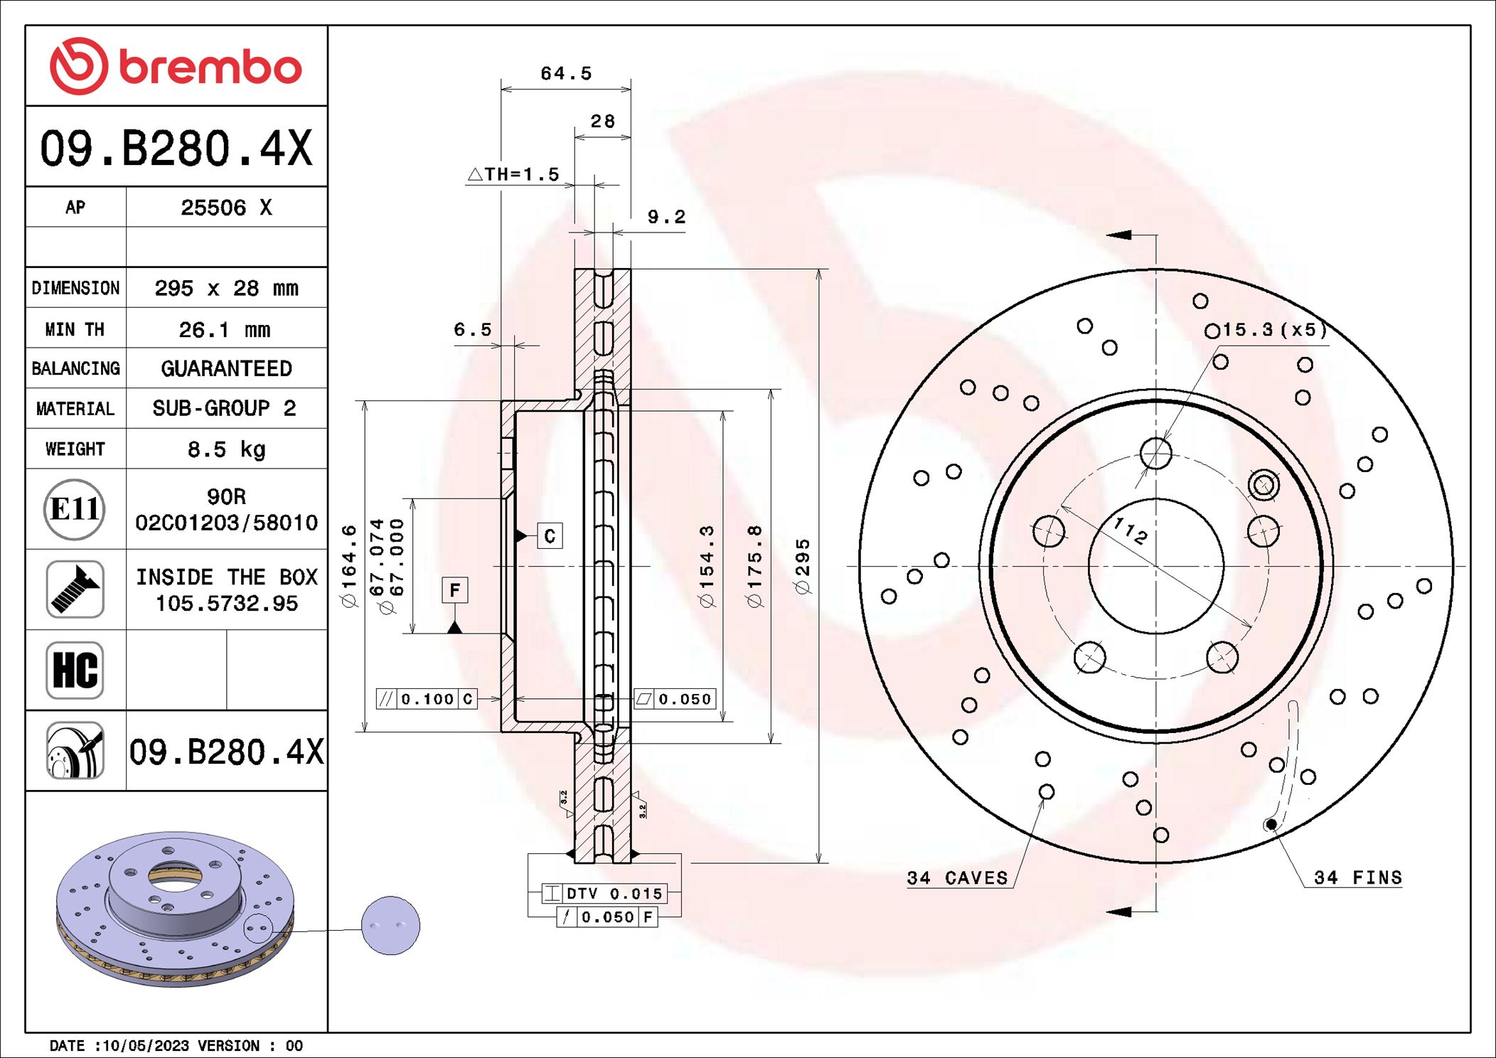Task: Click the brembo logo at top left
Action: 176,66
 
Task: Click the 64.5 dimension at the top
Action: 565,73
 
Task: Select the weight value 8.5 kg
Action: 226,449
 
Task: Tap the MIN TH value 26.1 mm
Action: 225,329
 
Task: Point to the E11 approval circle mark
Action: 75,509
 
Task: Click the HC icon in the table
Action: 75,670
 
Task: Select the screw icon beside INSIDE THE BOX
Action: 75,589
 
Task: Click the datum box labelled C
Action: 549,535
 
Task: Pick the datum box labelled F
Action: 454,589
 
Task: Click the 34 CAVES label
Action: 957,878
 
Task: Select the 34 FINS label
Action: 1357,877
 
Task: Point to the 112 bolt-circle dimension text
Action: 1130,530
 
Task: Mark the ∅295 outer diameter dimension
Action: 802,566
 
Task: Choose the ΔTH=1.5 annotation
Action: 513,174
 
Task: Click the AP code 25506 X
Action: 226,208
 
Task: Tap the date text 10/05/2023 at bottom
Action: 146,1045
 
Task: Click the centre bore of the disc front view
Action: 1155,566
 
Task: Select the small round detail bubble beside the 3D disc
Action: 390,925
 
